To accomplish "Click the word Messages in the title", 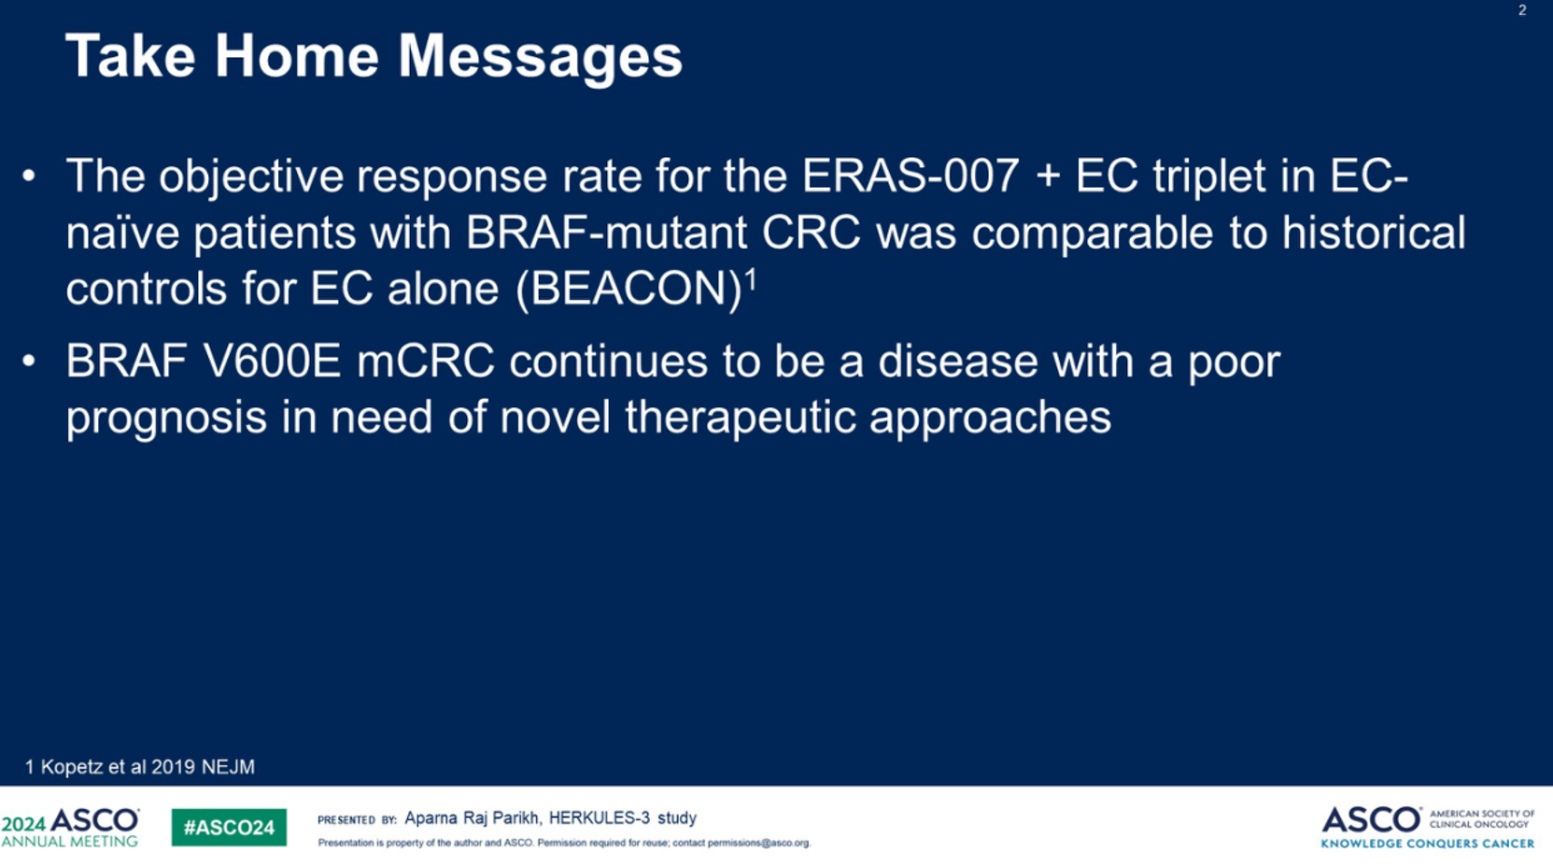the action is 540,58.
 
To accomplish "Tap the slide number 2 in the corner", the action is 1522,10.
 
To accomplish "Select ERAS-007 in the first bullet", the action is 911,176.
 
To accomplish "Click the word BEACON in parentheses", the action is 629,289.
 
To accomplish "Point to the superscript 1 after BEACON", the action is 751,281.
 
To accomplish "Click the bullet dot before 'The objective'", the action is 29,176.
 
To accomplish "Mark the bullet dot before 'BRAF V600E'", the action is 29,362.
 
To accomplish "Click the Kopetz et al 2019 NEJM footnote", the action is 140,767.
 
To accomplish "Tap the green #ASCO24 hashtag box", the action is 229,827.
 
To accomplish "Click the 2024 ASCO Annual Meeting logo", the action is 70,827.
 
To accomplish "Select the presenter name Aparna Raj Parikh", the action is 472,819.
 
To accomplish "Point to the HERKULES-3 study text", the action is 623,819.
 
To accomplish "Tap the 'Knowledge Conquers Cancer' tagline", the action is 1428,844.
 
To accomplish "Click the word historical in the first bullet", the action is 1374,233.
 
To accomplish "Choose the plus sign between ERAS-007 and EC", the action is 1048,177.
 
